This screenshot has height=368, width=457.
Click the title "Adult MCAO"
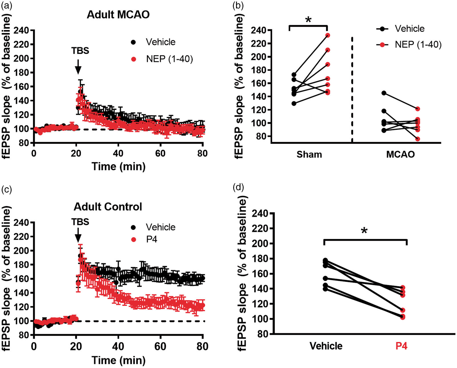point(118,15)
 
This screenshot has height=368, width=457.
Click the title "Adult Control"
point(108,207)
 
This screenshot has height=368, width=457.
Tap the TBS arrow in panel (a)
point(78,67)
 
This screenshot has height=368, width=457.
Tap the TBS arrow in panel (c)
point(78,235)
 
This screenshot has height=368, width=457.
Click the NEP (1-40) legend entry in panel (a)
point(162,59)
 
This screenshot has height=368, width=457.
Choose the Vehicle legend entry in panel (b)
point(400,29)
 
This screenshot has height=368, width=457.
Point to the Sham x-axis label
point(309,154)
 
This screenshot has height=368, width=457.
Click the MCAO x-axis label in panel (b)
point(400,154)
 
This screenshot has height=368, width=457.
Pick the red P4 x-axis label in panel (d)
point(401,346)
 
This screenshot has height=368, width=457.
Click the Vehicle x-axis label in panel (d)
point(326,346)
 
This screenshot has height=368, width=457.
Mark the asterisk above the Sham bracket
point(308,20)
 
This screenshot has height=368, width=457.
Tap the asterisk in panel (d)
point(364,231)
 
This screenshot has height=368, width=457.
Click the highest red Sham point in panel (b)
point(328,35)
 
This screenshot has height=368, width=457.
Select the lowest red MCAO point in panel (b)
point(418,139)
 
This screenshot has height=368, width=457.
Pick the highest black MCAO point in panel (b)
point(384,93)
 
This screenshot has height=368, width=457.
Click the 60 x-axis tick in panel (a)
point(160,153)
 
